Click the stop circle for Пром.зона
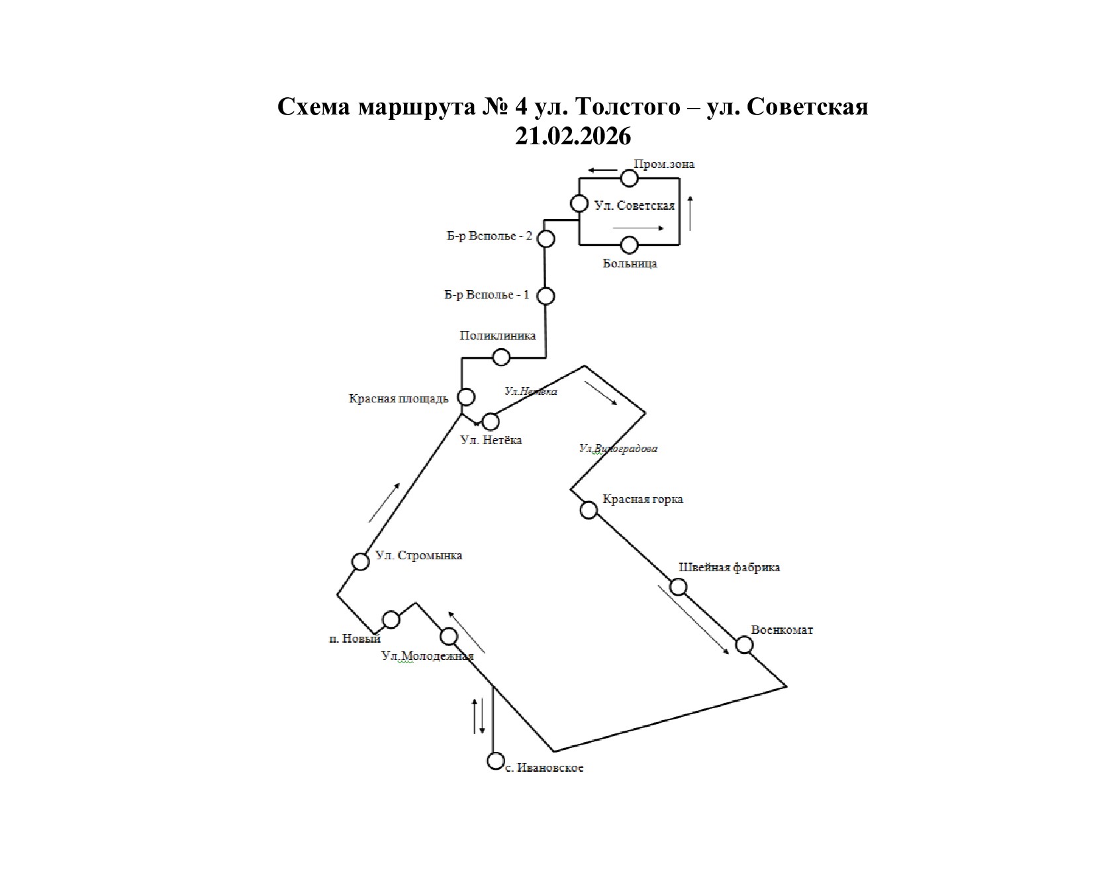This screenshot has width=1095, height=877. (629, 178)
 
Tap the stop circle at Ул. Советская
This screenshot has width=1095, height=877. (579, 203)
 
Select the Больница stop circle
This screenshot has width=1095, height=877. (629, 245)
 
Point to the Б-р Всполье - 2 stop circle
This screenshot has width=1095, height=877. (546, 238)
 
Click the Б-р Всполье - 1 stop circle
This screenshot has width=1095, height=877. (546, 296)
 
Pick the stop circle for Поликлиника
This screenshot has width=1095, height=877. (502, 357)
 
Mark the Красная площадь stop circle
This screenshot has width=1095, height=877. (467, 397)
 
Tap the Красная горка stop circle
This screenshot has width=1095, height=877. (589, 510)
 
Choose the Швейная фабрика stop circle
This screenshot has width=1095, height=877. (679, 587)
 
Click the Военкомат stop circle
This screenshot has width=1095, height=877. (744, 645)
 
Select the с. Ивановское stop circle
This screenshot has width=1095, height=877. (495, 761)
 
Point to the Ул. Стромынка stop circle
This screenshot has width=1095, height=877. (361, 561)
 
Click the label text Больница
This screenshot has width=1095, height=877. (630, 263)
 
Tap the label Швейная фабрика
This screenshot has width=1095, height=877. (729, 567)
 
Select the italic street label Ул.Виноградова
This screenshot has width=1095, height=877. (618, 449)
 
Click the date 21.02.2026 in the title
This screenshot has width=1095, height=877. (573, 136)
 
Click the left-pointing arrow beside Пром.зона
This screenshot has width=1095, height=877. (602, 170)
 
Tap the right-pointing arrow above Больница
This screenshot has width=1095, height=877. (639, 228)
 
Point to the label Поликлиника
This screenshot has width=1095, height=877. (497, 336)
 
